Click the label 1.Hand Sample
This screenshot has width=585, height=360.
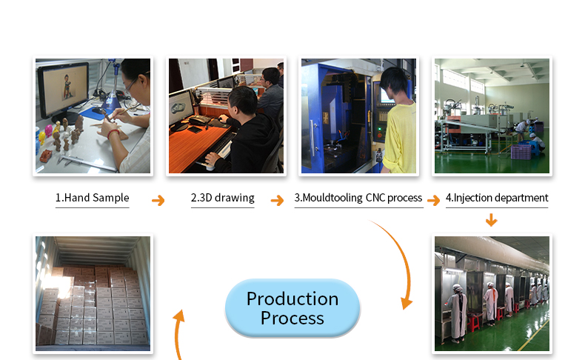[92, 198]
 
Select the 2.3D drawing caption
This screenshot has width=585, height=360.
[223, 198]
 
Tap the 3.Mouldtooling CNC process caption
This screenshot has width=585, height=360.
[358, 198]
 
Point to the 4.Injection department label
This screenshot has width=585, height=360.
[497, 198]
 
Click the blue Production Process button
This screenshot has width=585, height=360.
[292, 308]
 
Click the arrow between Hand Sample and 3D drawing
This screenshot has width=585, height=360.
[158, 200]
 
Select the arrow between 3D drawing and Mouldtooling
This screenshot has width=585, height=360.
[277, 200]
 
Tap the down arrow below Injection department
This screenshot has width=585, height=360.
[492, 220]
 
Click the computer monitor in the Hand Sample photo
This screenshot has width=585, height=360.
[63, 90]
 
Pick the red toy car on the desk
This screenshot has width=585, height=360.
[45, 156]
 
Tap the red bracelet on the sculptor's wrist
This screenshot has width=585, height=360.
[113, 133]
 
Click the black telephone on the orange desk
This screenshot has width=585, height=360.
[200, 120]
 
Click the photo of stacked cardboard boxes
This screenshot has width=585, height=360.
[93, 293]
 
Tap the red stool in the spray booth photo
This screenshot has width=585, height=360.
[473, 322]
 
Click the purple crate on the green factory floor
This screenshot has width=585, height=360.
[521, 152]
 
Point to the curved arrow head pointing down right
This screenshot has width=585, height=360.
[407, 303]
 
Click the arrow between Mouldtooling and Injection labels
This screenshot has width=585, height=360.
[433, 200]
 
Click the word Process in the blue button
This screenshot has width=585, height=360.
[292, 319]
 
